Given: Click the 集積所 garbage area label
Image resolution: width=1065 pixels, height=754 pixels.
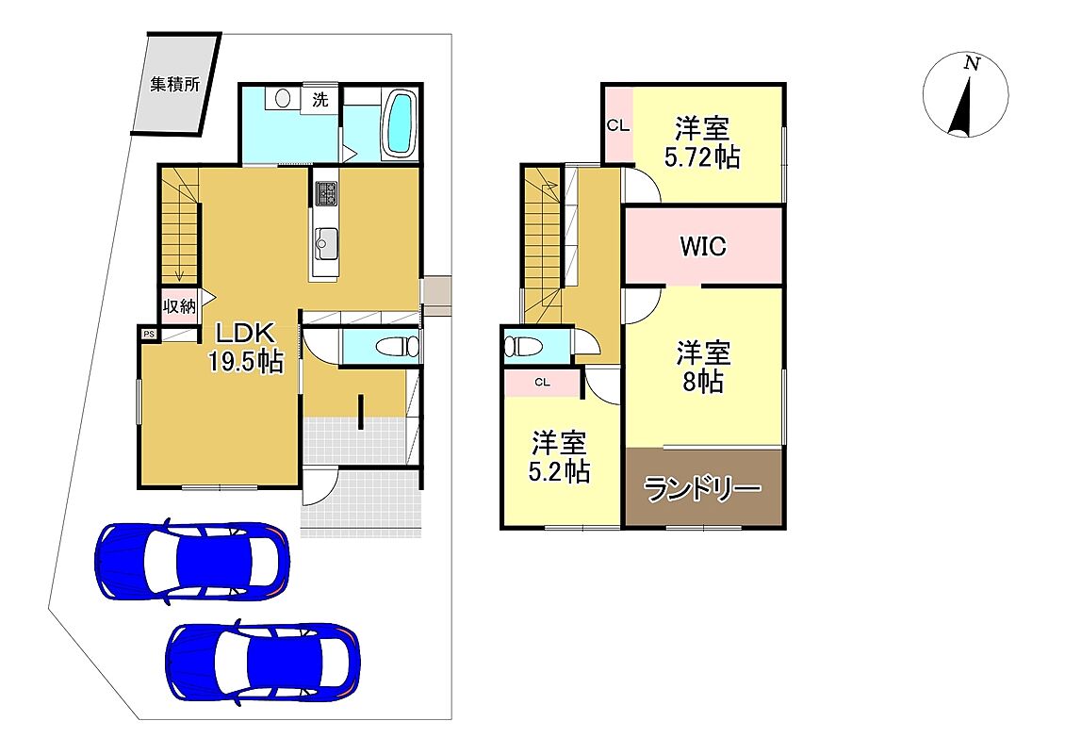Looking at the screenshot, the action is [175, 85].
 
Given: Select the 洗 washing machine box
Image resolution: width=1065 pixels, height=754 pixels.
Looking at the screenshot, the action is [320, 100].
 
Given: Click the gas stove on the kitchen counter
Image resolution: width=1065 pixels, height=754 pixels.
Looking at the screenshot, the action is [326, 193].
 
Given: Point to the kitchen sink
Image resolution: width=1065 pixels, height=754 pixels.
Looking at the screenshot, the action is [326, 243].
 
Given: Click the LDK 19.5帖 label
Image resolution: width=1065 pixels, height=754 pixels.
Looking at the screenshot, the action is [245, 347].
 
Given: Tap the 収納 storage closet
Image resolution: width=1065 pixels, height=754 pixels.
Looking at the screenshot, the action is [179, 305].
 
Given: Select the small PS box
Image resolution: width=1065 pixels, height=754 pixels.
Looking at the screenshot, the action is [149, 335].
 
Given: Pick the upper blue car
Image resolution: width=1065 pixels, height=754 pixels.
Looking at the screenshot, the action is [192, 561].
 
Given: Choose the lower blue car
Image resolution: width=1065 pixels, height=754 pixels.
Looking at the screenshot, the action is [263, 662].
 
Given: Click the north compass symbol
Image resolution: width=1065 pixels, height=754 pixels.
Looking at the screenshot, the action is [965, 95].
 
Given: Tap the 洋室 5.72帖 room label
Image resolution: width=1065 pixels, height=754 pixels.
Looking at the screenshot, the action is [701, 142].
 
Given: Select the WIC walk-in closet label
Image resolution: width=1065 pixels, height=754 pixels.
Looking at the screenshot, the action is [703, 246].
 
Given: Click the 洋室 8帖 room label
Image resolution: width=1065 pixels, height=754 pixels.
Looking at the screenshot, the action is [703, 368].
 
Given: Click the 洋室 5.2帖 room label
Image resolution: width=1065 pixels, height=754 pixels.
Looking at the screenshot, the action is [559, 456].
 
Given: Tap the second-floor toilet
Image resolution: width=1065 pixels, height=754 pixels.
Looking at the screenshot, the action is [523, 347].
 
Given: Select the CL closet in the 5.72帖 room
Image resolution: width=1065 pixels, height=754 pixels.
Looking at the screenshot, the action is [618, 125].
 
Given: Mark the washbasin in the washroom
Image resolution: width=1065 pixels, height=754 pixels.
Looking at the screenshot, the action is [283, 99].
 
